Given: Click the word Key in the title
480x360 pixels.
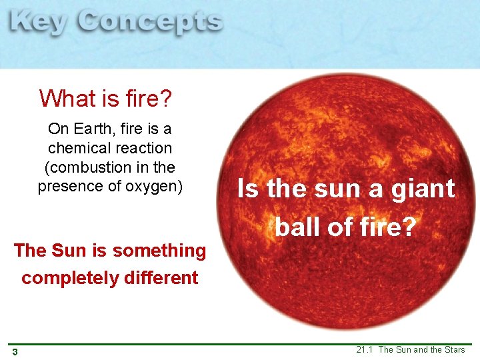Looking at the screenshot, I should (39, 22).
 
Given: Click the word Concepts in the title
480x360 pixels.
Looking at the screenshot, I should (149, 22).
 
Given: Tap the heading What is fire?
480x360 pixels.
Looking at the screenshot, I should (105, 99).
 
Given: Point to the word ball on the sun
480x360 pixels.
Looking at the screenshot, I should (298, 228).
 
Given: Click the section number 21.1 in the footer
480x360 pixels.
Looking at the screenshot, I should (365, 350).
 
